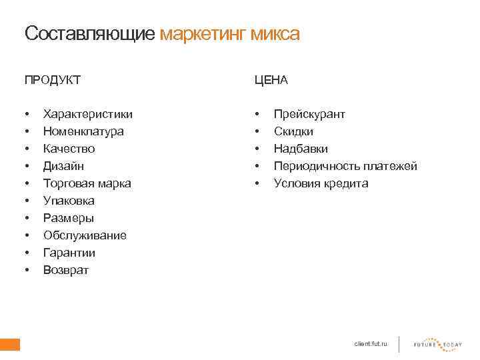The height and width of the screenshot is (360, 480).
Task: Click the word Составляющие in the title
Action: pos(90,33)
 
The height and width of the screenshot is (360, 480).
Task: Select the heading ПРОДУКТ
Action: pos(53,80)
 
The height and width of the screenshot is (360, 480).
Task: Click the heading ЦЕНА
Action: pos(271,80)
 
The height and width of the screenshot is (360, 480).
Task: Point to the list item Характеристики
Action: pos(87,114)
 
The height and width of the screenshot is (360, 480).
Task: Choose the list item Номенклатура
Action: pos(83,131)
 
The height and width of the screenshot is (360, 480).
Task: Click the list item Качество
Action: pos(69,149)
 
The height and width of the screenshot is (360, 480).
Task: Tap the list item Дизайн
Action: pos(63,166)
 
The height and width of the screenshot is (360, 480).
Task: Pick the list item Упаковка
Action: pos(69,201)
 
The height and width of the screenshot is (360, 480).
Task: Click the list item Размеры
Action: pos(68,218)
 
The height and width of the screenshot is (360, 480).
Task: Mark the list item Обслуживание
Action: pos(85,235)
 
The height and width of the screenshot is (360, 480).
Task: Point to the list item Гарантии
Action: pos(69,253)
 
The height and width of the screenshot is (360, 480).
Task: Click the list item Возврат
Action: pos(65,270)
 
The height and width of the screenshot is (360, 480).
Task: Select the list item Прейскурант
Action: pos(309,114)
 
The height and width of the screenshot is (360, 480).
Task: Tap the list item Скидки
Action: pos(293,131)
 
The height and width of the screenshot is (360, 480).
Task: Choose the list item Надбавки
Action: pos(301,149)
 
